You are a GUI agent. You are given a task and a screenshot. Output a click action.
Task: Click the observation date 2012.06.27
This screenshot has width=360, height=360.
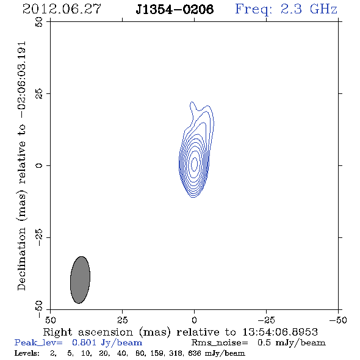pos(62,9)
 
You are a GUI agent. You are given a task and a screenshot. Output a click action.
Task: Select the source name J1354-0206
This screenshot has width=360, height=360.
pos(175,9)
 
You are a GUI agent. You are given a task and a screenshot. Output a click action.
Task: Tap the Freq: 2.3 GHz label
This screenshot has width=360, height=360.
pos(286,10)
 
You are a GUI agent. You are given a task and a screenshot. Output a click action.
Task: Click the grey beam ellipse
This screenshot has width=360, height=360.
pos(80,280)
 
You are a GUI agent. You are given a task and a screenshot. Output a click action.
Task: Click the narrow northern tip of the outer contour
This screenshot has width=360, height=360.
pos(192,102)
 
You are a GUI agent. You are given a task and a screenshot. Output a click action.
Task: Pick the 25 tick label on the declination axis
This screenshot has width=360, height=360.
pos(39,94)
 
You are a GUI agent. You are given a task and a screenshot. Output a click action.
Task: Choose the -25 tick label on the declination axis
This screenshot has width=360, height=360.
pos(39,237)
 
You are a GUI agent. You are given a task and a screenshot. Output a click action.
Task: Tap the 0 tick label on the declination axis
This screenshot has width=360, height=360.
pos(39,165)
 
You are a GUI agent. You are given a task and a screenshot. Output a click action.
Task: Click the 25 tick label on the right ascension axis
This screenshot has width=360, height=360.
pos(123,320)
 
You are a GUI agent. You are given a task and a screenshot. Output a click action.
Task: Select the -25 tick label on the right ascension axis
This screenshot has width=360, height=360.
pos(266,320)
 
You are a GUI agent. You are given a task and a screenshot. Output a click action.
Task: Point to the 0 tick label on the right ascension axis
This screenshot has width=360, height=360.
pos(194,320)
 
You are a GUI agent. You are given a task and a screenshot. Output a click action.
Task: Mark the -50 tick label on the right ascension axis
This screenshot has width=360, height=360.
pos(338,320)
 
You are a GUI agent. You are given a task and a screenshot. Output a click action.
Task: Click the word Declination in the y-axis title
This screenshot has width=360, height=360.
pos(21,259)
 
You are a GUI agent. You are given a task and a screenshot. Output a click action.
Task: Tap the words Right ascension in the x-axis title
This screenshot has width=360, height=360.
pos(88,332)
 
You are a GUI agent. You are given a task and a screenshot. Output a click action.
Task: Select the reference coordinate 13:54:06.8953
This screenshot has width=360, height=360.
pos(280,332)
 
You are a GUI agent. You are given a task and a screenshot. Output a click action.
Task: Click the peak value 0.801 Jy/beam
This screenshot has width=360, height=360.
pos(107,343)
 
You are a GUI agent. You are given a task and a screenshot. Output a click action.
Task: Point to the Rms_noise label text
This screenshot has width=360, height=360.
pos(220,343)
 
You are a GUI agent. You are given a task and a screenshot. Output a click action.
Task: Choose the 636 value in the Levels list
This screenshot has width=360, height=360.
pos(195,353)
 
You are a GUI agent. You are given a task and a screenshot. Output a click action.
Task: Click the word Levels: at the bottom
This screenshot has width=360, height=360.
pos(27,353)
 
